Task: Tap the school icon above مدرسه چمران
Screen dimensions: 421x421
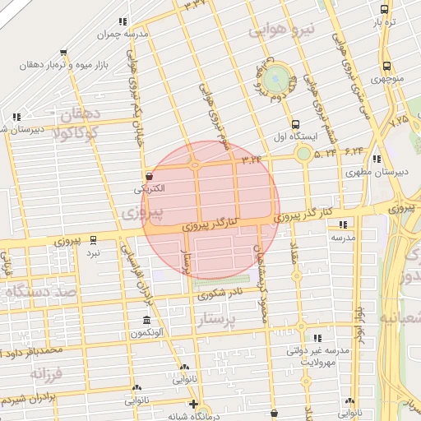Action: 123,22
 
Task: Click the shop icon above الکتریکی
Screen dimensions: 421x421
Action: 149,175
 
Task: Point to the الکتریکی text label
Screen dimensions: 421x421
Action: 149,188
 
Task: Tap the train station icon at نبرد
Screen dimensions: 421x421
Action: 93,240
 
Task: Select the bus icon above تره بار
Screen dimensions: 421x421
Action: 385,10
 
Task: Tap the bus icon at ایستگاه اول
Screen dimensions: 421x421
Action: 272,125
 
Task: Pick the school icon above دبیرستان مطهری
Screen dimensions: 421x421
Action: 377,159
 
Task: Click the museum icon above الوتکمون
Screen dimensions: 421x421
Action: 147,320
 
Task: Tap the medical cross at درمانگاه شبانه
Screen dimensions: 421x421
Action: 193,404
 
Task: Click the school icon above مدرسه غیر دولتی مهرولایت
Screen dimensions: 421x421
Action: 317,338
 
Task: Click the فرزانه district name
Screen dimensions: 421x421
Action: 47,372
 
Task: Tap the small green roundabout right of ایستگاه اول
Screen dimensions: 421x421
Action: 303,153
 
